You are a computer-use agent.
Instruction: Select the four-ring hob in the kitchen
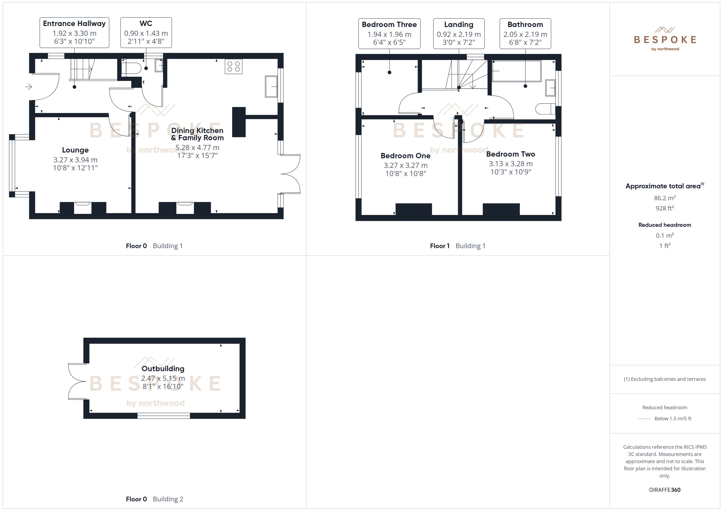pos(233,67)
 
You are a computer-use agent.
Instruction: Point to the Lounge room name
pos(75,150)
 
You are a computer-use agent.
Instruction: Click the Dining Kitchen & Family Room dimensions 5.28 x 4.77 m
pos(197,148)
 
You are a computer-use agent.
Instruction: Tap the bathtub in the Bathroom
pos(517,71)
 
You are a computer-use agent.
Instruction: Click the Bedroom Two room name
pos(510,154)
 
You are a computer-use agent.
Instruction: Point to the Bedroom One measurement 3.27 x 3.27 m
pos(405,165)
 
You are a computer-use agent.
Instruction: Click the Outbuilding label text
pos(163,368)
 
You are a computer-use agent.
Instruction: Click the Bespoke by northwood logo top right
pos(665,39)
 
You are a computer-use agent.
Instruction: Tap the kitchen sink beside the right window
pos(271,86)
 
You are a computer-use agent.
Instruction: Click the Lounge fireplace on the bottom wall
pos(83,208)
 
